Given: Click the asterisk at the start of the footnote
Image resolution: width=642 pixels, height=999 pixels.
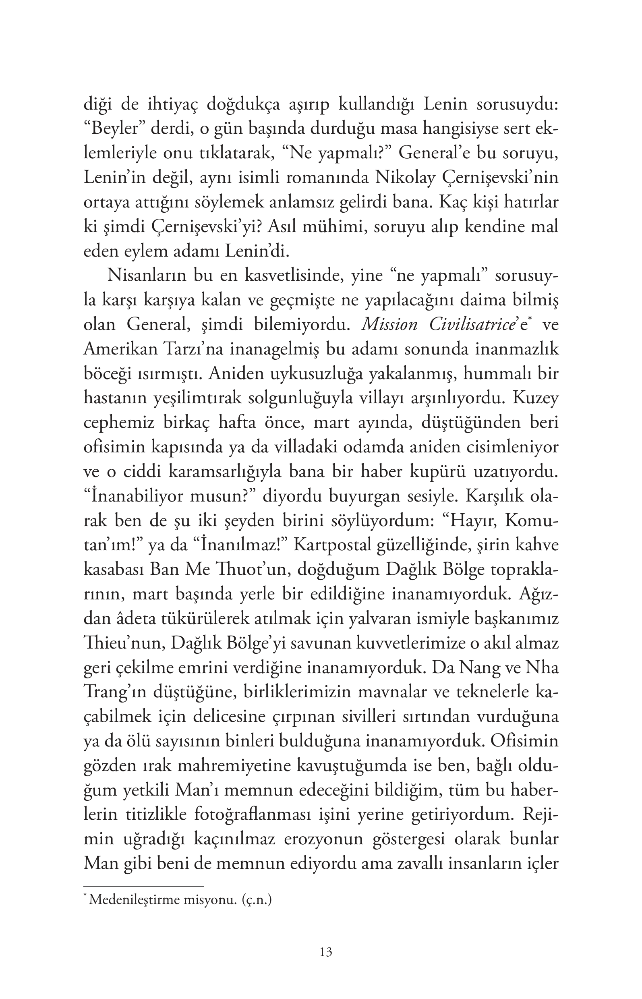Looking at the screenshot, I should (85, 895).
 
